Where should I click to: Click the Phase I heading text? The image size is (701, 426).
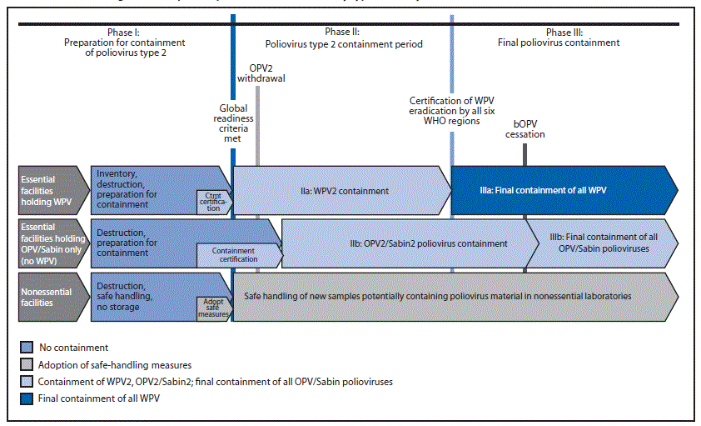click(123, 43)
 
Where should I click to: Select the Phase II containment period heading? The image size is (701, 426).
click(343, 38)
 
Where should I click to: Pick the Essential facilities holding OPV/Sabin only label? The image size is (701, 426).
click(47, 242)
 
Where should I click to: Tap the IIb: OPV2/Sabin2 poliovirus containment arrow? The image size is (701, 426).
click(403, 243)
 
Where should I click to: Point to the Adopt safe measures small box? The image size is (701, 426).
click(212, 307)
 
